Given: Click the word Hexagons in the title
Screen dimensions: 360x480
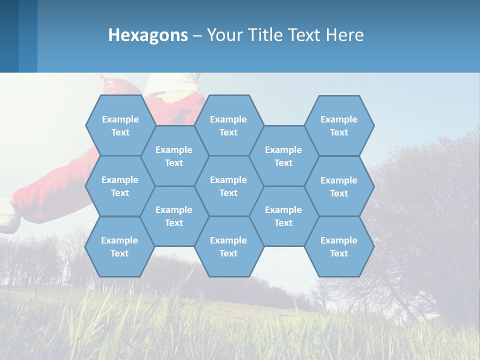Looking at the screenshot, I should [x=148, y=35].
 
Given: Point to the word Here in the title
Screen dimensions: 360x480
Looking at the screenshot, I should [x=344, y=35].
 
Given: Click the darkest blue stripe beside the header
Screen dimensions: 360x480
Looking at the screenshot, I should [x=9, y=36].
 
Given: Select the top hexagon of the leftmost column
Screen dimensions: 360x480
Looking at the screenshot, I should [x=120, y=125].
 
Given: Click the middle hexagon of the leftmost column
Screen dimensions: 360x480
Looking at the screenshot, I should [x=120, y=186].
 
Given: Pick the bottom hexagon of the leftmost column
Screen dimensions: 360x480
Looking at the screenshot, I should [x=119, y=246].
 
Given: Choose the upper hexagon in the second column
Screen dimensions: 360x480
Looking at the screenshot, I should [x=174, y=156].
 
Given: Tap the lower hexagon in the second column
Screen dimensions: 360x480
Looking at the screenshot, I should [x=174, y=216].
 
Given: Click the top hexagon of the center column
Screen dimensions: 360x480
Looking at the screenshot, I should [x=228, y=125].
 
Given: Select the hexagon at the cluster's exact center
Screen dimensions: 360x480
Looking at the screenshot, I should [x=228, y=186].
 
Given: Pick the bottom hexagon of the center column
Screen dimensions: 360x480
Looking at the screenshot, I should [x=228, y=246].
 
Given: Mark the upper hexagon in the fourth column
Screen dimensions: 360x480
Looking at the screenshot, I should [x=283, y=156].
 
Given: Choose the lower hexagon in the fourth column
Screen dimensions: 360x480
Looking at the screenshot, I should [x=283, y=216].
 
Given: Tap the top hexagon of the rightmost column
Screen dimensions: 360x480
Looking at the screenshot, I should [x=339, y=125].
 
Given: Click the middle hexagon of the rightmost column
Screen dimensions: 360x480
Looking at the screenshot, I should [x=339, y=186].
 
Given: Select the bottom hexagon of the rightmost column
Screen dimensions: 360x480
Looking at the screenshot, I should [x=339, y=246].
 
